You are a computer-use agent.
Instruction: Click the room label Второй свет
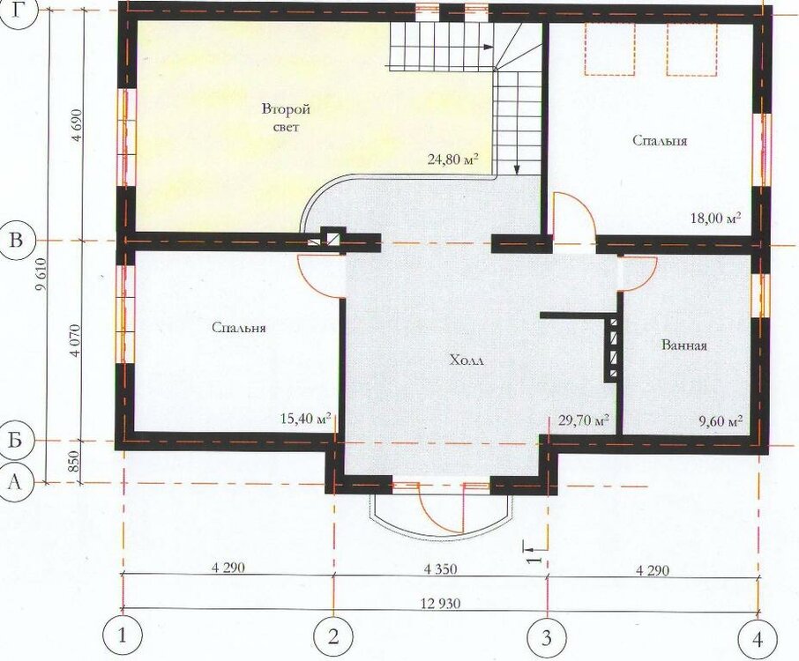(x=286, y=117)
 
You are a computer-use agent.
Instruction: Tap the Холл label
(x=466, y=360)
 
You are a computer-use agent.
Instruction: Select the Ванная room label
(x=683, y=345)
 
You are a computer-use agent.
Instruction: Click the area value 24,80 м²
(x=452, y=160)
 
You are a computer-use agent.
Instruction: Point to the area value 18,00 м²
(x=715, y=218)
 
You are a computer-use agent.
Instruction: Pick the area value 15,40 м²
(x=306, y=418)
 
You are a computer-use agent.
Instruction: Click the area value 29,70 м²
(x=584, y=420)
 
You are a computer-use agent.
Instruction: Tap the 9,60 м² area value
(x=720, y=421)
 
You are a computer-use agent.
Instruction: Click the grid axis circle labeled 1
(x=122, y=636)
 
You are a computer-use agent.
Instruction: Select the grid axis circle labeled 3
(x=546, y=637)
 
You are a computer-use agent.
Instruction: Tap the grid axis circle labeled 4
(x=758, y=639)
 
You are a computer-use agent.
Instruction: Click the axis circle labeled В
(x=16, y=240)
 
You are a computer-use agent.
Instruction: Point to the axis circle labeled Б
(x=15, y=439)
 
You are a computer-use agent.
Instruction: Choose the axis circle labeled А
(x=15, y=482)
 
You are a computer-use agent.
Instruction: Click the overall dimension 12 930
(x=441, y=604)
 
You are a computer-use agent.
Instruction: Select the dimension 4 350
(x=441, y=568)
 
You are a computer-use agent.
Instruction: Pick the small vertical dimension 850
(x=74, y=461)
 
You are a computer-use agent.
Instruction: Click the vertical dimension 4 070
(x=76, y=340)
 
